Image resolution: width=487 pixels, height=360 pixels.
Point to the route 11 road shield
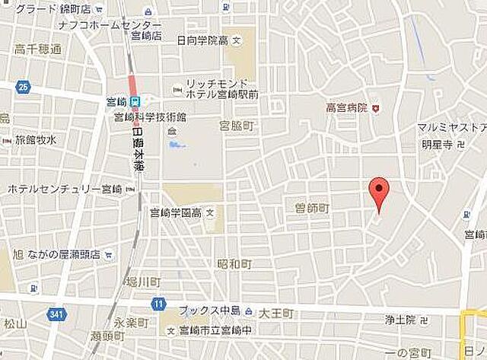tap(158, 304)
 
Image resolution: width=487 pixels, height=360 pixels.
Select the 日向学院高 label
tap(202, 40)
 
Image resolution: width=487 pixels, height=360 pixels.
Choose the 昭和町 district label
tap(233, 264)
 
